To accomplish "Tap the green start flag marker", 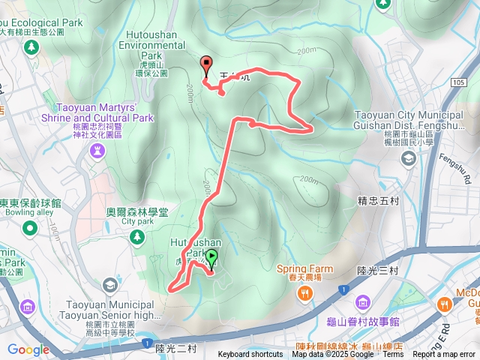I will [x=211, y=259].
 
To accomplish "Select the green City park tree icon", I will [x=136, y=237].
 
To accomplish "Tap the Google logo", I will [x=28, y=349].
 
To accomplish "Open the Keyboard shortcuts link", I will [x=250, y=355].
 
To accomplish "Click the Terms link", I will [x=392, y=355].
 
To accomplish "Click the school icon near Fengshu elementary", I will [x=408, y=158].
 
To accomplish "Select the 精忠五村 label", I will [x=379, y=200].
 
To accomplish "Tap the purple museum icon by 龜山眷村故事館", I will [x=363, y=302].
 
